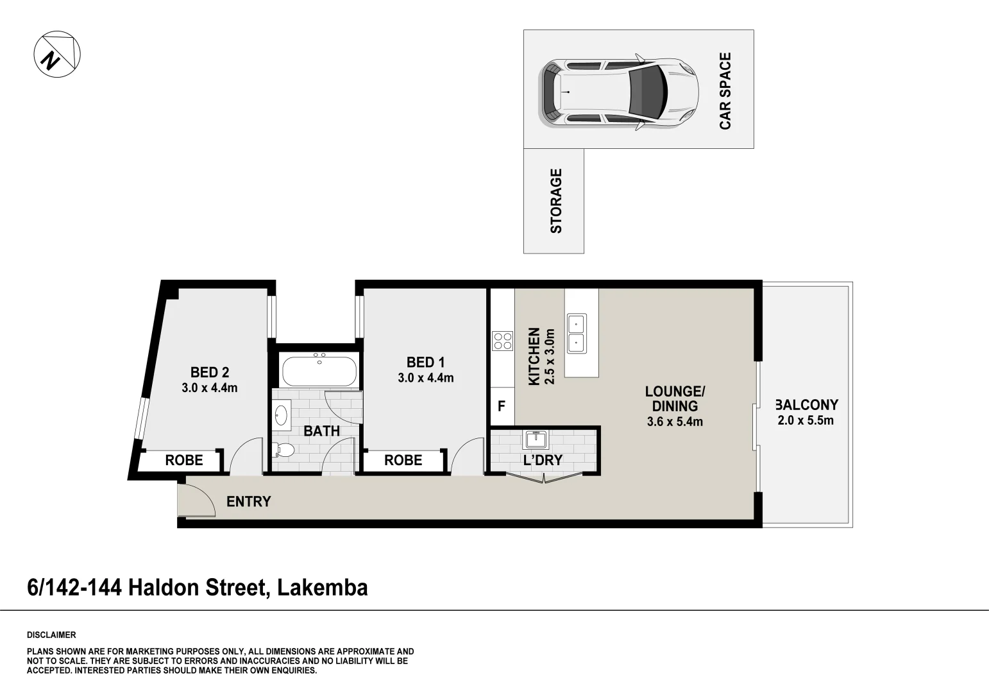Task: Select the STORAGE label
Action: tap(556, 200)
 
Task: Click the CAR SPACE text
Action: tap(725, 90)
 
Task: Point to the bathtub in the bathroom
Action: tap(319, 372)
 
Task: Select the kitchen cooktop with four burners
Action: tap(502, 340)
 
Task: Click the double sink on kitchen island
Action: tap(576, 334)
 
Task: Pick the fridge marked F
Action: tap(502, 406)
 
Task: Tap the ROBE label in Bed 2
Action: tap(184, 460)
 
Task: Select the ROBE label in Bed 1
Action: tap(403, 460)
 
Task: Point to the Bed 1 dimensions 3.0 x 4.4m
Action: tap(425, 378)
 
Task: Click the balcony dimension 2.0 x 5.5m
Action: tap(806, 420)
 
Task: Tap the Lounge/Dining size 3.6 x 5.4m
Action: tap(675, 422)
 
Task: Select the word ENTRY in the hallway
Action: tap(249, 502)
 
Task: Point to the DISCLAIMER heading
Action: tap(51, 635)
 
